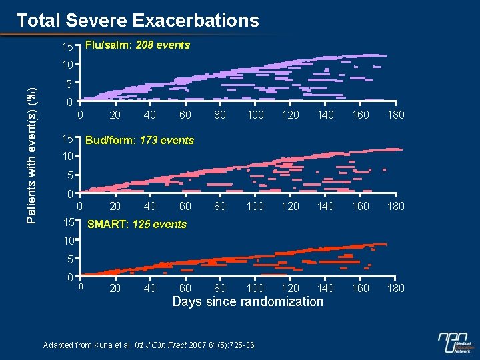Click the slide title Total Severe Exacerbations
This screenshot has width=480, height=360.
pos(137,21)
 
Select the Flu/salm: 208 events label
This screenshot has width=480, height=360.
pos(138,45)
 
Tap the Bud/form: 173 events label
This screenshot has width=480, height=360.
pos(140,140)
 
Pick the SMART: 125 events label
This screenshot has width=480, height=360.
pos(137,224)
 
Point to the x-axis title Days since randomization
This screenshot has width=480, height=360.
pos(247,302)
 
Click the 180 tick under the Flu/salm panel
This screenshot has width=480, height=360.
pos(396,115)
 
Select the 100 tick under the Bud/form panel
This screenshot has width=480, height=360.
pos(255,207)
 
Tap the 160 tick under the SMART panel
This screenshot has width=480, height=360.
pos(361,288)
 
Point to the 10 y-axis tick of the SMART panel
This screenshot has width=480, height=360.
pos(67,239)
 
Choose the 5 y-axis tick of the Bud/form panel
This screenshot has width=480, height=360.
pos(70,176)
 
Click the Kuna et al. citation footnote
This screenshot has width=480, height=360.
pos(153,345)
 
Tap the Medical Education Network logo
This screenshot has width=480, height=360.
pos(456,343)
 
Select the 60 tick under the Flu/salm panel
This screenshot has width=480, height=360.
pos(185,115)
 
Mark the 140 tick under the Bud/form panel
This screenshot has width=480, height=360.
pos(325,207)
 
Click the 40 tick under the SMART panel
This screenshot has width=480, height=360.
pos(150,288)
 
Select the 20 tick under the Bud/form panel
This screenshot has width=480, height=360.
pos(115,207)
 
